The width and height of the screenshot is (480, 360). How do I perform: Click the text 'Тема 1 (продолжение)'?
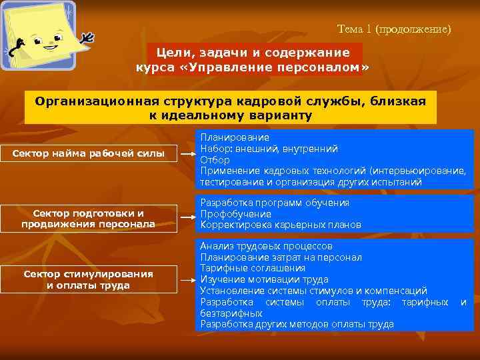[394, 29]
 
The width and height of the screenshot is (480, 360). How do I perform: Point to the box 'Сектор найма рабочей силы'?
[89, 154]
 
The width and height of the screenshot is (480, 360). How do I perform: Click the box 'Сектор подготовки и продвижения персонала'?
[89, 218]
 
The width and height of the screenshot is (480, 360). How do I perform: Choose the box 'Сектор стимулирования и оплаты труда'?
[89, 279]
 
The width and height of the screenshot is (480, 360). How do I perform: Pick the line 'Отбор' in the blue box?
[215, 160]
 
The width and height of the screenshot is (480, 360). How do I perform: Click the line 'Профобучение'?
[235, 214]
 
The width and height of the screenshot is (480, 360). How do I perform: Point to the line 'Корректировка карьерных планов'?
[280, 225]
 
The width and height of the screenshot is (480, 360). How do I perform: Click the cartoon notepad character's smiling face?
[47, 44]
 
